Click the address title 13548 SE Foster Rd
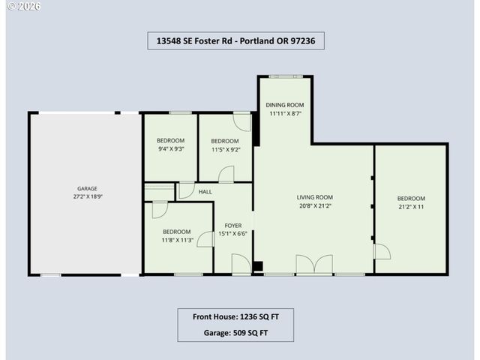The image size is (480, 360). click(x=236, y=40)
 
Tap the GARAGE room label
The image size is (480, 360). click(x=88, y=188)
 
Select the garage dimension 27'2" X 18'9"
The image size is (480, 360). click(x=88, y=196)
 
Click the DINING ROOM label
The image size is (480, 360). click(x=285, y=105)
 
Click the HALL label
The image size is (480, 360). click(x=205, y=192)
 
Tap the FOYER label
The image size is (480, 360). click(x=232, y=225)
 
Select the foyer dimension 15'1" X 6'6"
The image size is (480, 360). click(x=232, y=233)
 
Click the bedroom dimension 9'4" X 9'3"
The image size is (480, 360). click(x=170, y=149)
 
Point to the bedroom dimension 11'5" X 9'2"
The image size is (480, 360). click(x=224, y=149)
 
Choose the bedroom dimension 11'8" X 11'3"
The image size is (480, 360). click(x=178, y=240)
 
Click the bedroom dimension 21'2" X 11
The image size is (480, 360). click(x=411, y=206)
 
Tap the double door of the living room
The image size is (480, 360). click(x=314, y=265)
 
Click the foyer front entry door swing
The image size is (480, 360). click(x=241, y=264)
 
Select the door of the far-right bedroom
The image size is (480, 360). click(x=381, y=251)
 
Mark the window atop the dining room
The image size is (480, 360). click(x=284, y=76)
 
